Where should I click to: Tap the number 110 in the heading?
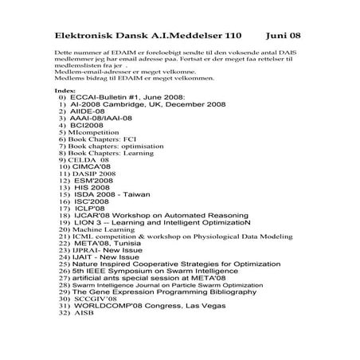[x=231, y=37]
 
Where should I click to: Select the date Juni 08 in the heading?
[x=284, y=37]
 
